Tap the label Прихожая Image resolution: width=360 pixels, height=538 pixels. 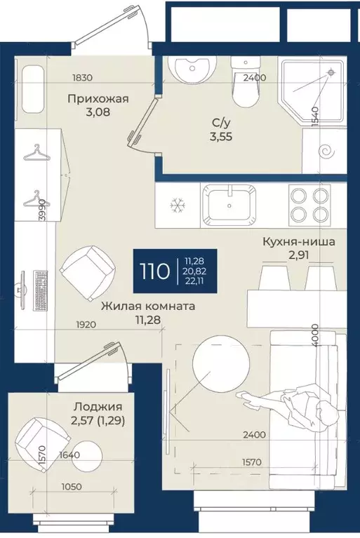(x=98, y=98)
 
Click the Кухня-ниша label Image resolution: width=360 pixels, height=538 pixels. (x=298, y=242)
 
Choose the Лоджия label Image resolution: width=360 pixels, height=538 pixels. (x=98, y=406)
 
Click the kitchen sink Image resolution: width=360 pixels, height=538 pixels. (x=228, y=205)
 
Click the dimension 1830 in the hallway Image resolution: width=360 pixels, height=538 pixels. (x=83, y=79)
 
